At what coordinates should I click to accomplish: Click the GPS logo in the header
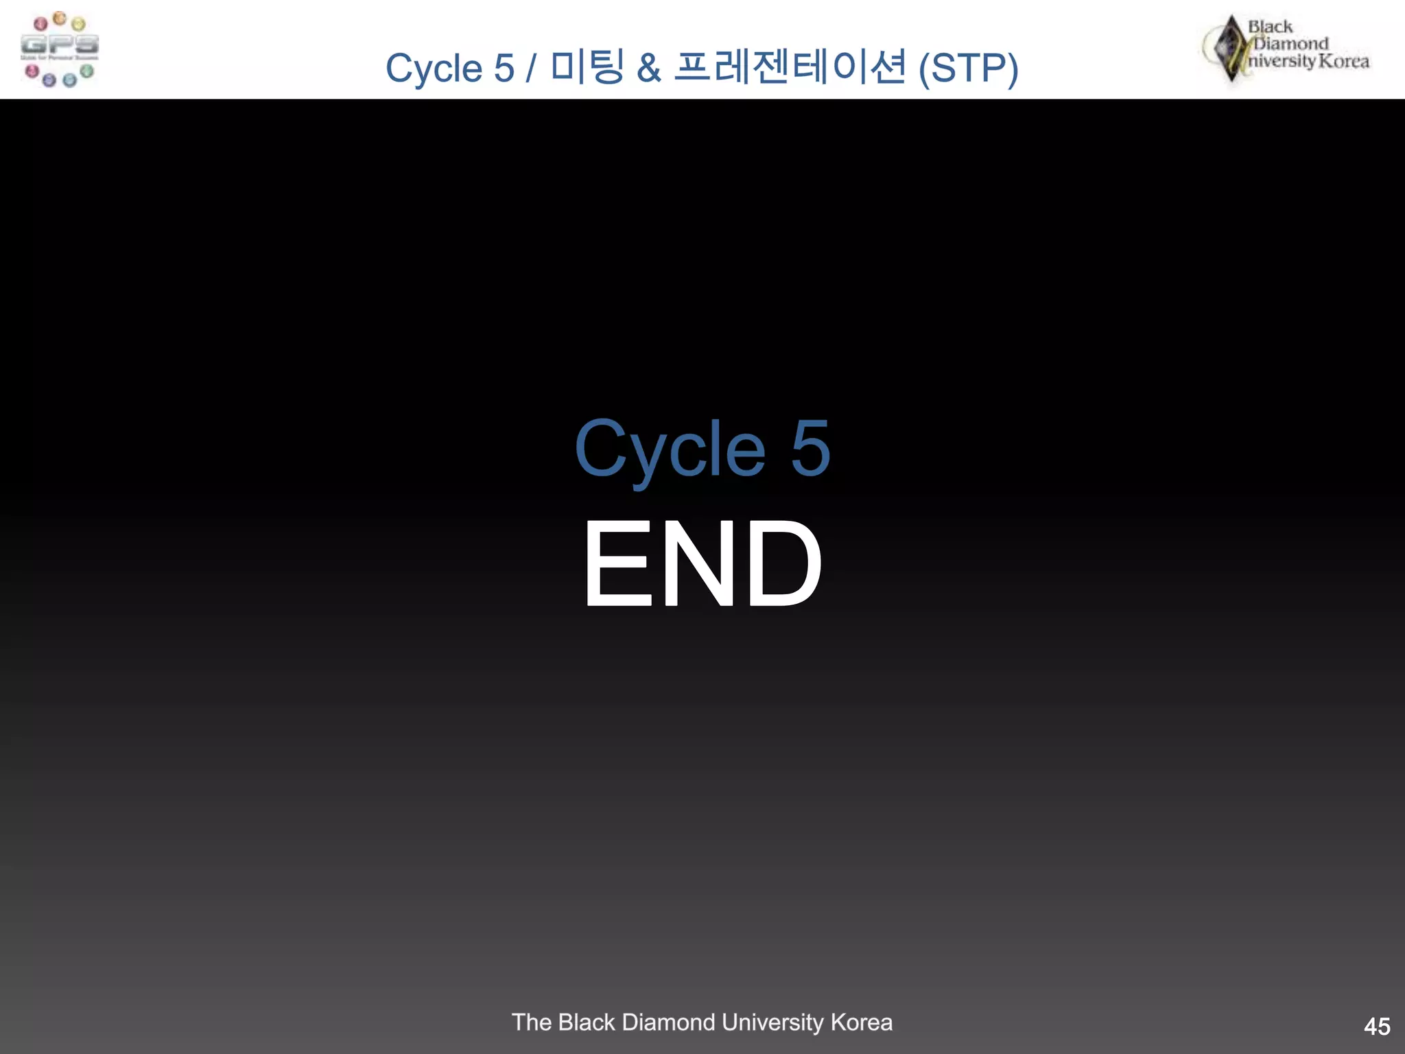(x=60, y=49)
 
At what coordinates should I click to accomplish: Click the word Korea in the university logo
(x=1343, y=61)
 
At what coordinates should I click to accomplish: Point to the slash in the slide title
(x=531, y=69)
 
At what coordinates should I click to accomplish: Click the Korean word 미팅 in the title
(x=587, y=67)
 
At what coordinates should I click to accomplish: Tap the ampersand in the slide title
(x=648, y=69)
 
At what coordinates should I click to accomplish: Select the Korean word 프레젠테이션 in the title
(x=790, y=67)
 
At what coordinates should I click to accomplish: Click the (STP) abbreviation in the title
(x=968, y=69)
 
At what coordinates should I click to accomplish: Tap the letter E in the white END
(x=617, y=563)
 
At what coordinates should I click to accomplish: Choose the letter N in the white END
(x=699, y=563)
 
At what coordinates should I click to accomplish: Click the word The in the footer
(x=532, y=1022)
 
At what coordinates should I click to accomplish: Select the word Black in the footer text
(x=587, y=1022)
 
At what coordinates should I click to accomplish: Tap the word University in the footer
(x=772, y=1022)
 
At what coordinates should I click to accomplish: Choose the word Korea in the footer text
(x=862, y=1022)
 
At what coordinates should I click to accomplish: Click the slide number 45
(x=1377, y=1027)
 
